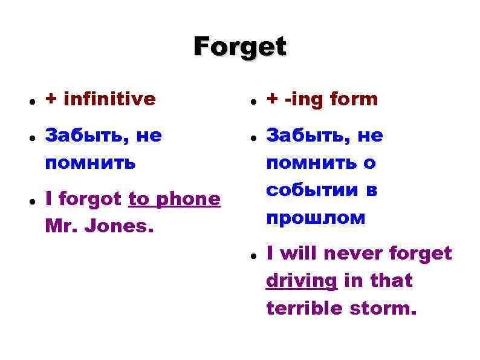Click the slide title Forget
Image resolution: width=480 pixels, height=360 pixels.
point(240,47)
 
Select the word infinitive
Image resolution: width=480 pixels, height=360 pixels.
point(109,99)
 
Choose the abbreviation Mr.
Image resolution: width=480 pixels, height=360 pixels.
point(60,226)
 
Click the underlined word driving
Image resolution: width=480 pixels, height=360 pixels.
point(301,281)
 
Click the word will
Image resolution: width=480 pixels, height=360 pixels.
point(298,254)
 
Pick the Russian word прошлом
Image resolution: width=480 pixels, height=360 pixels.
point(316,217)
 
